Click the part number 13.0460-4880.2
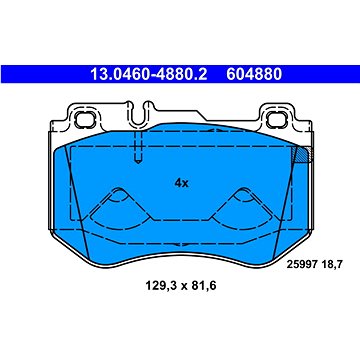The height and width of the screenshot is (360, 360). tap(149, 74)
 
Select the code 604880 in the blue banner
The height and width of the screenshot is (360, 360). tap(254, 74)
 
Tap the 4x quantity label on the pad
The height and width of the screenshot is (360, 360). tap(182, 183)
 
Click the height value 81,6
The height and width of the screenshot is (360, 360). tap(203, 285)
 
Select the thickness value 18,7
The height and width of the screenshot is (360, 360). tap(331, 265)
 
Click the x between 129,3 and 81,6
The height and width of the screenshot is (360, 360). tap(181, 286)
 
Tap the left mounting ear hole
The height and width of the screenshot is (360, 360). tap(82, 119)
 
